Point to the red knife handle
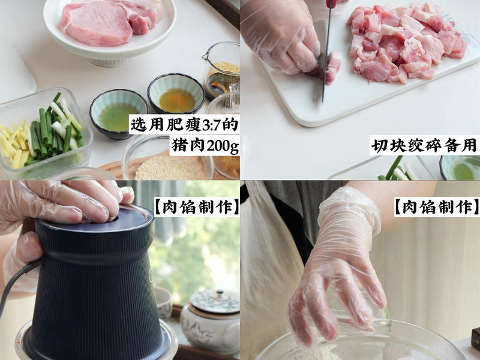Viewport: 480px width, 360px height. pyautogui.click(x=331, y=3)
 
